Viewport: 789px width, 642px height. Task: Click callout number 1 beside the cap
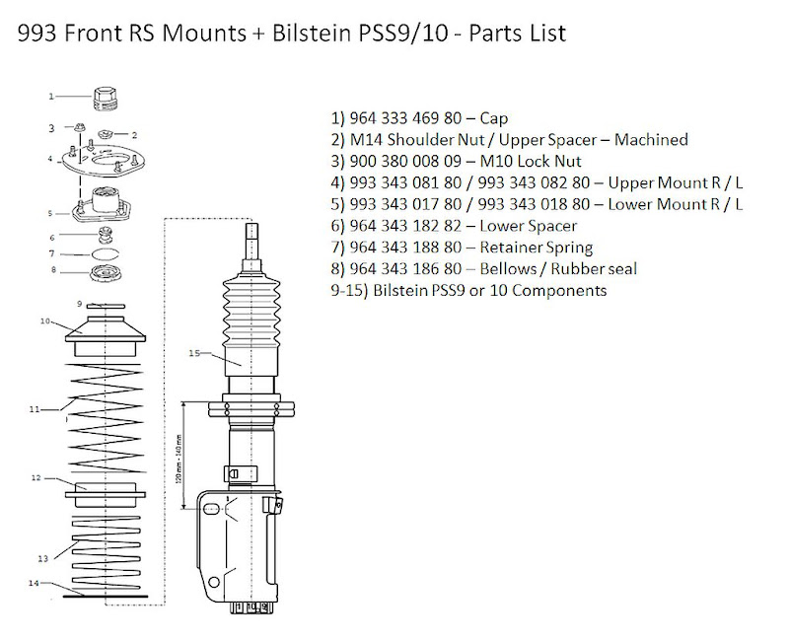pos(52,96)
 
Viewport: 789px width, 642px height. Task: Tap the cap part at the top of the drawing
pos(104,99)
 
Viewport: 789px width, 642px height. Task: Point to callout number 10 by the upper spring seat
pos(45,320)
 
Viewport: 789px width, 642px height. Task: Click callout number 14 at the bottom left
pos(34,583)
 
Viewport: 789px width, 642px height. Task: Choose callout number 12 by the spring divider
pos(36,477)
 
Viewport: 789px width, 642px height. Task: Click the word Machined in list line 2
pos(651,139)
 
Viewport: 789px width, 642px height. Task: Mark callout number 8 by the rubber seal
pos(53,270)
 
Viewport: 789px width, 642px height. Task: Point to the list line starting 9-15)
pos(468,291)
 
